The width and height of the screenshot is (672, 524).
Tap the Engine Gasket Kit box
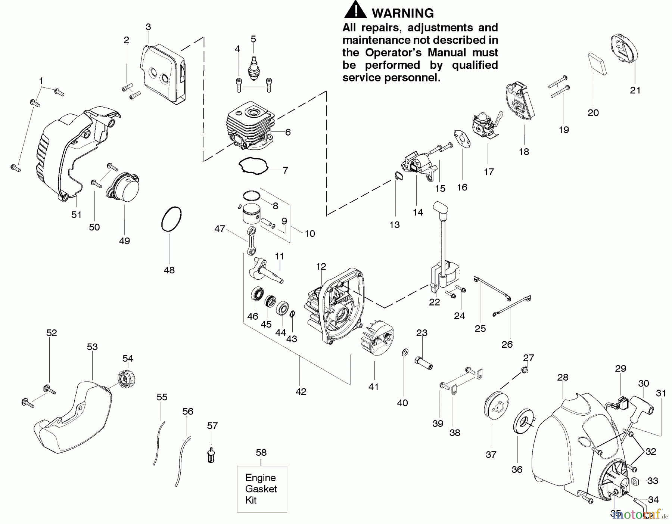pos(262,489)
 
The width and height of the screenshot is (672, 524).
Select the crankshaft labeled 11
pos(267,271)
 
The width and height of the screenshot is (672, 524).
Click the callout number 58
pos(261,453)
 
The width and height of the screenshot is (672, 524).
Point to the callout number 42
pos(301,391)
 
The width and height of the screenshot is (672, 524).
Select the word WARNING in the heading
pos(402,13)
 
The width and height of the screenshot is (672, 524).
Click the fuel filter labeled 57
pos(211,455)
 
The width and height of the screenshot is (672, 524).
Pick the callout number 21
pos(635,90)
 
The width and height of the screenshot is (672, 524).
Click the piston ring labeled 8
pos(251,196)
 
